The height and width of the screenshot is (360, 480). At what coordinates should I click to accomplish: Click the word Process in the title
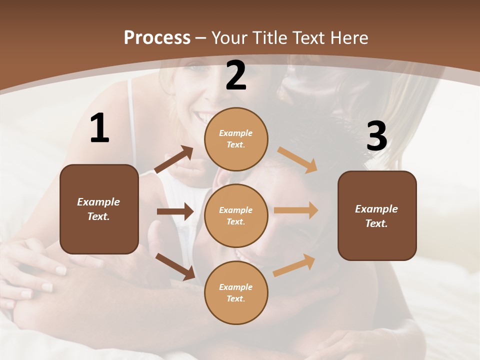pos(157,38)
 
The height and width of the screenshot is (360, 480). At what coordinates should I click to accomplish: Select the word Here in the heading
pos(349,38)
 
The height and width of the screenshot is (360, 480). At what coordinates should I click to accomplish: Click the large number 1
pos(99,128)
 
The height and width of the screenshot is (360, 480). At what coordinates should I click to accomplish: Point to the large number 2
pos(236,76)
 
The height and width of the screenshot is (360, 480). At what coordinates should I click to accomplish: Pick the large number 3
pos(376,136)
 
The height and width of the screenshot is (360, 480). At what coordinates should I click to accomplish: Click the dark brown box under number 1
pos(99,209)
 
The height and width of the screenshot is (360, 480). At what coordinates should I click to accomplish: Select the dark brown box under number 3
pos(377,215)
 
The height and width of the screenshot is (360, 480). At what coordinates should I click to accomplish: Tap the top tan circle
pos(236,139)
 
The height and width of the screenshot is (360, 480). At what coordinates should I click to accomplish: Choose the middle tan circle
pos(236,215)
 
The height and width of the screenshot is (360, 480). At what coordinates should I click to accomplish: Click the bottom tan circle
pos(236,292)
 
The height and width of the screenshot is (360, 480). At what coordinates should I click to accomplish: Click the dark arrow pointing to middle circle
pos(175,211)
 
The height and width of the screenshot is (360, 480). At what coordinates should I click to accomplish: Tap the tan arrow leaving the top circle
pos(297,159)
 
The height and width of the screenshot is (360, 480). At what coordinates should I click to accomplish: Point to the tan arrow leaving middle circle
pos(296,210)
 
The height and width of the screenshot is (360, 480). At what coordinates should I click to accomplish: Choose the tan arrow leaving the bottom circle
pos(294,265)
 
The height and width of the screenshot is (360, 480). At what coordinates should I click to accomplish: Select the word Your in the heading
pos(228,38)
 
